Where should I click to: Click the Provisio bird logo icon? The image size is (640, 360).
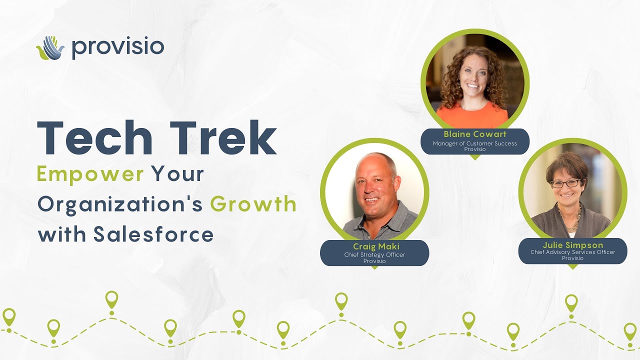(50, 48)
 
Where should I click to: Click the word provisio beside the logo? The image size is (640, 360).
(117, 47)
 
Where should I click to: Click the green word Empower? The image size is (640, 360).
(90, 174)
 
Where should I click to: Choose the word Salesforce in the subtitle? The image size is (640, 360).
(153, 234)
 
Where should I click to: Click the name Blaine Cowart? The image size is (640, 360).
(475, 134)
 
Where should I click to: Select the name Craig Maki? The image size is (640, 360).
(374, 246)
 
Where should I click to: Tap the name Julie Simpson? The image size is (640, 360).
(572, 245)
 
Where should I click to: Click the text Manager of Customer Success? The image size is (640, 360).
(475, 143)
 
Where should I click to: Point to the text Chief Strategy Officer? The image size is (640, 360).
(374, 254)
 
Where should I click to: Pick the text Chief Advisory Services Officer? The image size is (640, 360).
(572, 252)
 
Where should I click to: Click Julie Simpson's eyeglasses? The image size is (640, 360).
(565, 183)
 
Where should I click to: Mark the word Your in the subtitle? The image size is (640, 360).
(178, 174)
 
